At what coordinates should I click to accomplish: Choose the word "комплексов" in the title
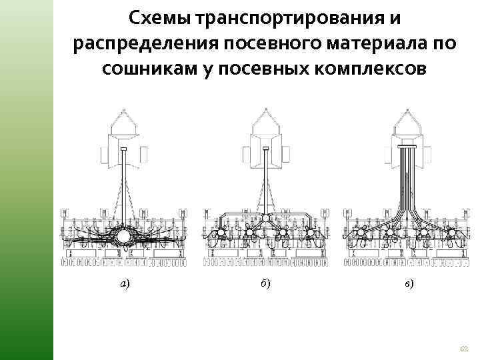(x=366, y=69)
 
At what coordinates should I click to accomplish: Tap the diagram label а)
(x=125, y=283)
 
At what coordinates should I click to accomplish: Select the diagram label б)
(x=265, y=283)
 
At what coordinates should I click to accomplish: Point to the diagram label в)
(x=408, y=283)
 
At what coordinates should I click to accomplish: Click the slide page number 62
(x=464, y=348)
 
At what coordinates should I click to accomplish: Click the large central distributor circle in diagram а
(x=123, y=237)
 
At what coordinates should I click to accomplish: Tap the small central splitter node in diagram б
(x=265, y=218)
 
